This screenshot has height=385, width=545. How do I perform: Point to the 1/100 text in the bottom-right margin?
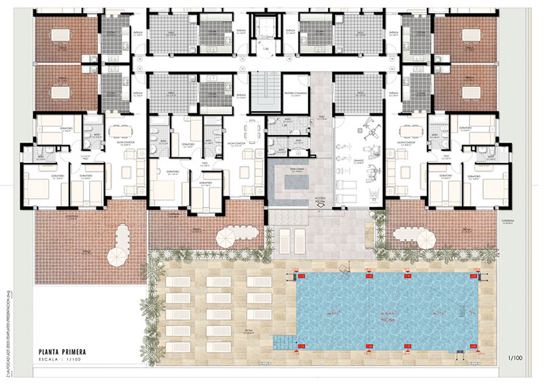click(515, 356)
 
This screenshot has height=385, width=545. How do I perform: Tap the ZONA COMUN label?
click(296, 170)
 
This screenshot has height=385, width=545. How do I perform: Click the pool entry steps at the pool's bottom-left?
click(285, 341)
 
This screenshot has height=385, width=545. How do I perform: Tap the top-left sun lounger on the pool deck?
click(178, 280)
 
